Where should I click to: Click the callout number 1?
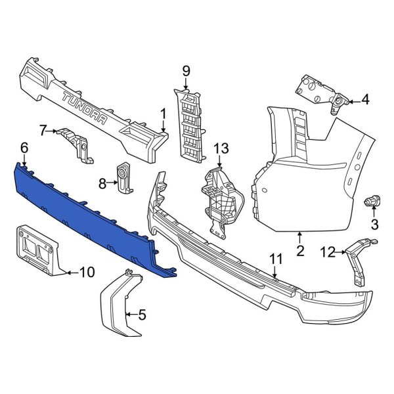click(162, 114)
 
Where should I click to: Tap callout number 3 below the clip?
click(375, 225)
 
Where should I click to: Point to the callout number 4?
click(365, 100)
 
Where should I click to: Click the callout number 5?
click(142, 315)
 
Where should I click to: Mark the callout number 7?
click(43, 131)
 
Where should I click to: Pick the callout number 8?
click(102, 184)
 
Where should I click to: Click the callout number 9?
click(186, 70)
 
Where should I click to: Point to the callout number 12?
click(326, 250)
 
